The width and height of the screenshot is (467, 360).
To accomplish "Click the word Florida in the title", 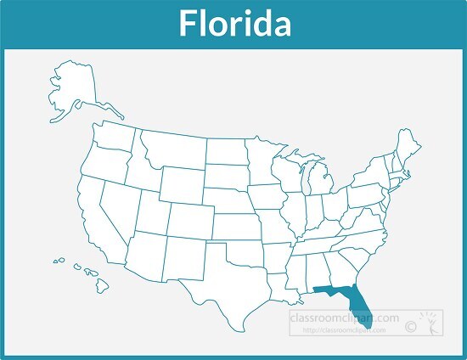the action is coord(233,23).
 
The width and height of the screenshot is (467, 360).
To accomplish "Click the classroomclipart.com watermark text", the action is coord(343,318).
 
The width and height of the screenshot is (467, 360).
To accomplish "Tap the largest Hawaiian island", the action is coord(103,284).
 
